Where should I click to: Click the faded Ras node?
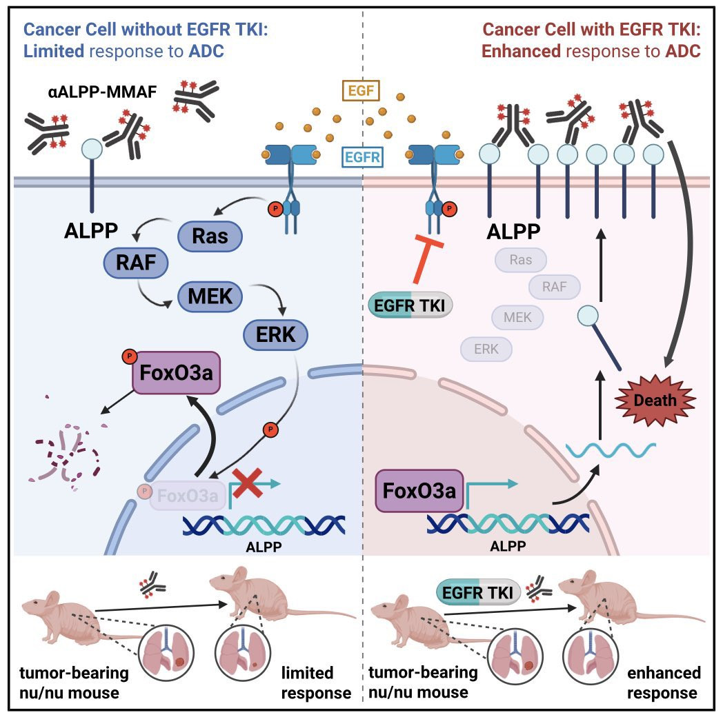coord(521,260)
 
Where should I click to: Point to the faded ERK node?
coord(486,349)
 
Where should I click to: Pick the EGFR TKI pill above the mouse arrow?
coord(476,592)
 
